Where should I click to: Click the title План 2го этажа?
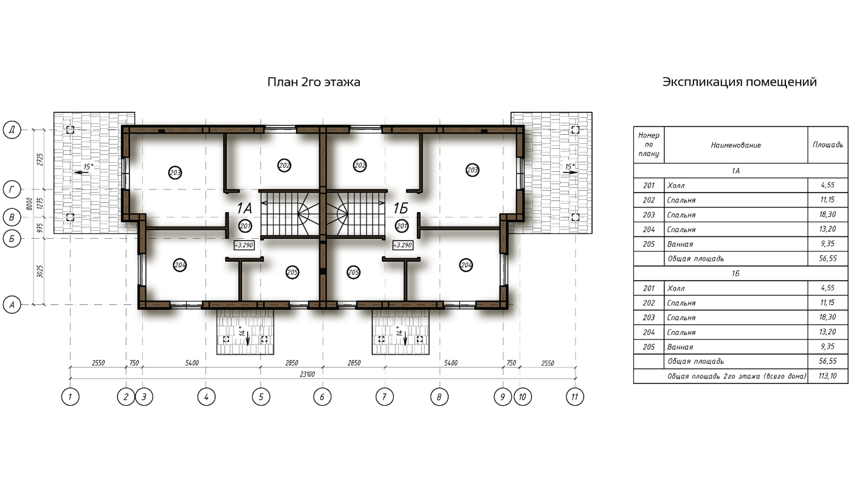[314, 82]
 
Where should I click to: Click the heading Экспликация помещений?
[739, 82]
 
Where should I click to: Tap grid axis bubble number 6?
[322, 397]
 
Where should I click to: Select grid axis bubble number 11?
[574, 397]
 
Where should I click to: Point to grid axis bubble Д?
[12, 130]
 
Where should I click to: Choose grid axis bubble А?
[12, 304]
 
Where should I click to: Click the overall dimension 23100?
[308, 374]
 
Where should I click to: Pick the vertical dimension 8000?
[29, 204]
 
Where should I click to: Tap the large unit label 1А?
[244, 208]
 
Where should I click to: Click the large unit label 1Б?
[401, 208]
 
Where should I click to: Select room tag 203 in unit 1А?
[175, 173]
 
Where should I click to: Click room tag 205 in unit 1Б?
[353, 272]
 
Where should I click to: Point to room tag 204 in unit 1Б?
[466, 265]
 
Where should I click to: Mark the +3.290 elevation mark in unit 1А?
[244, 245]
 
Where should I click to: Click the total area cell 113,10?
[828, 376]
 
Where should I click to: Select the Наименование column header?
[736, 145]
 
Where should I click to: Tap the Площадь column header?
[828, 145]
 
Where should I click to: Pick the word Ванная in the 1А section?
[680, 244]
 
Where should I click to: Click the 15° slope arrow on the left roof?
[82, 173]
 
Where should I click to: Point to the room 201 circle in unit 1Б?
[402, 226]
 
